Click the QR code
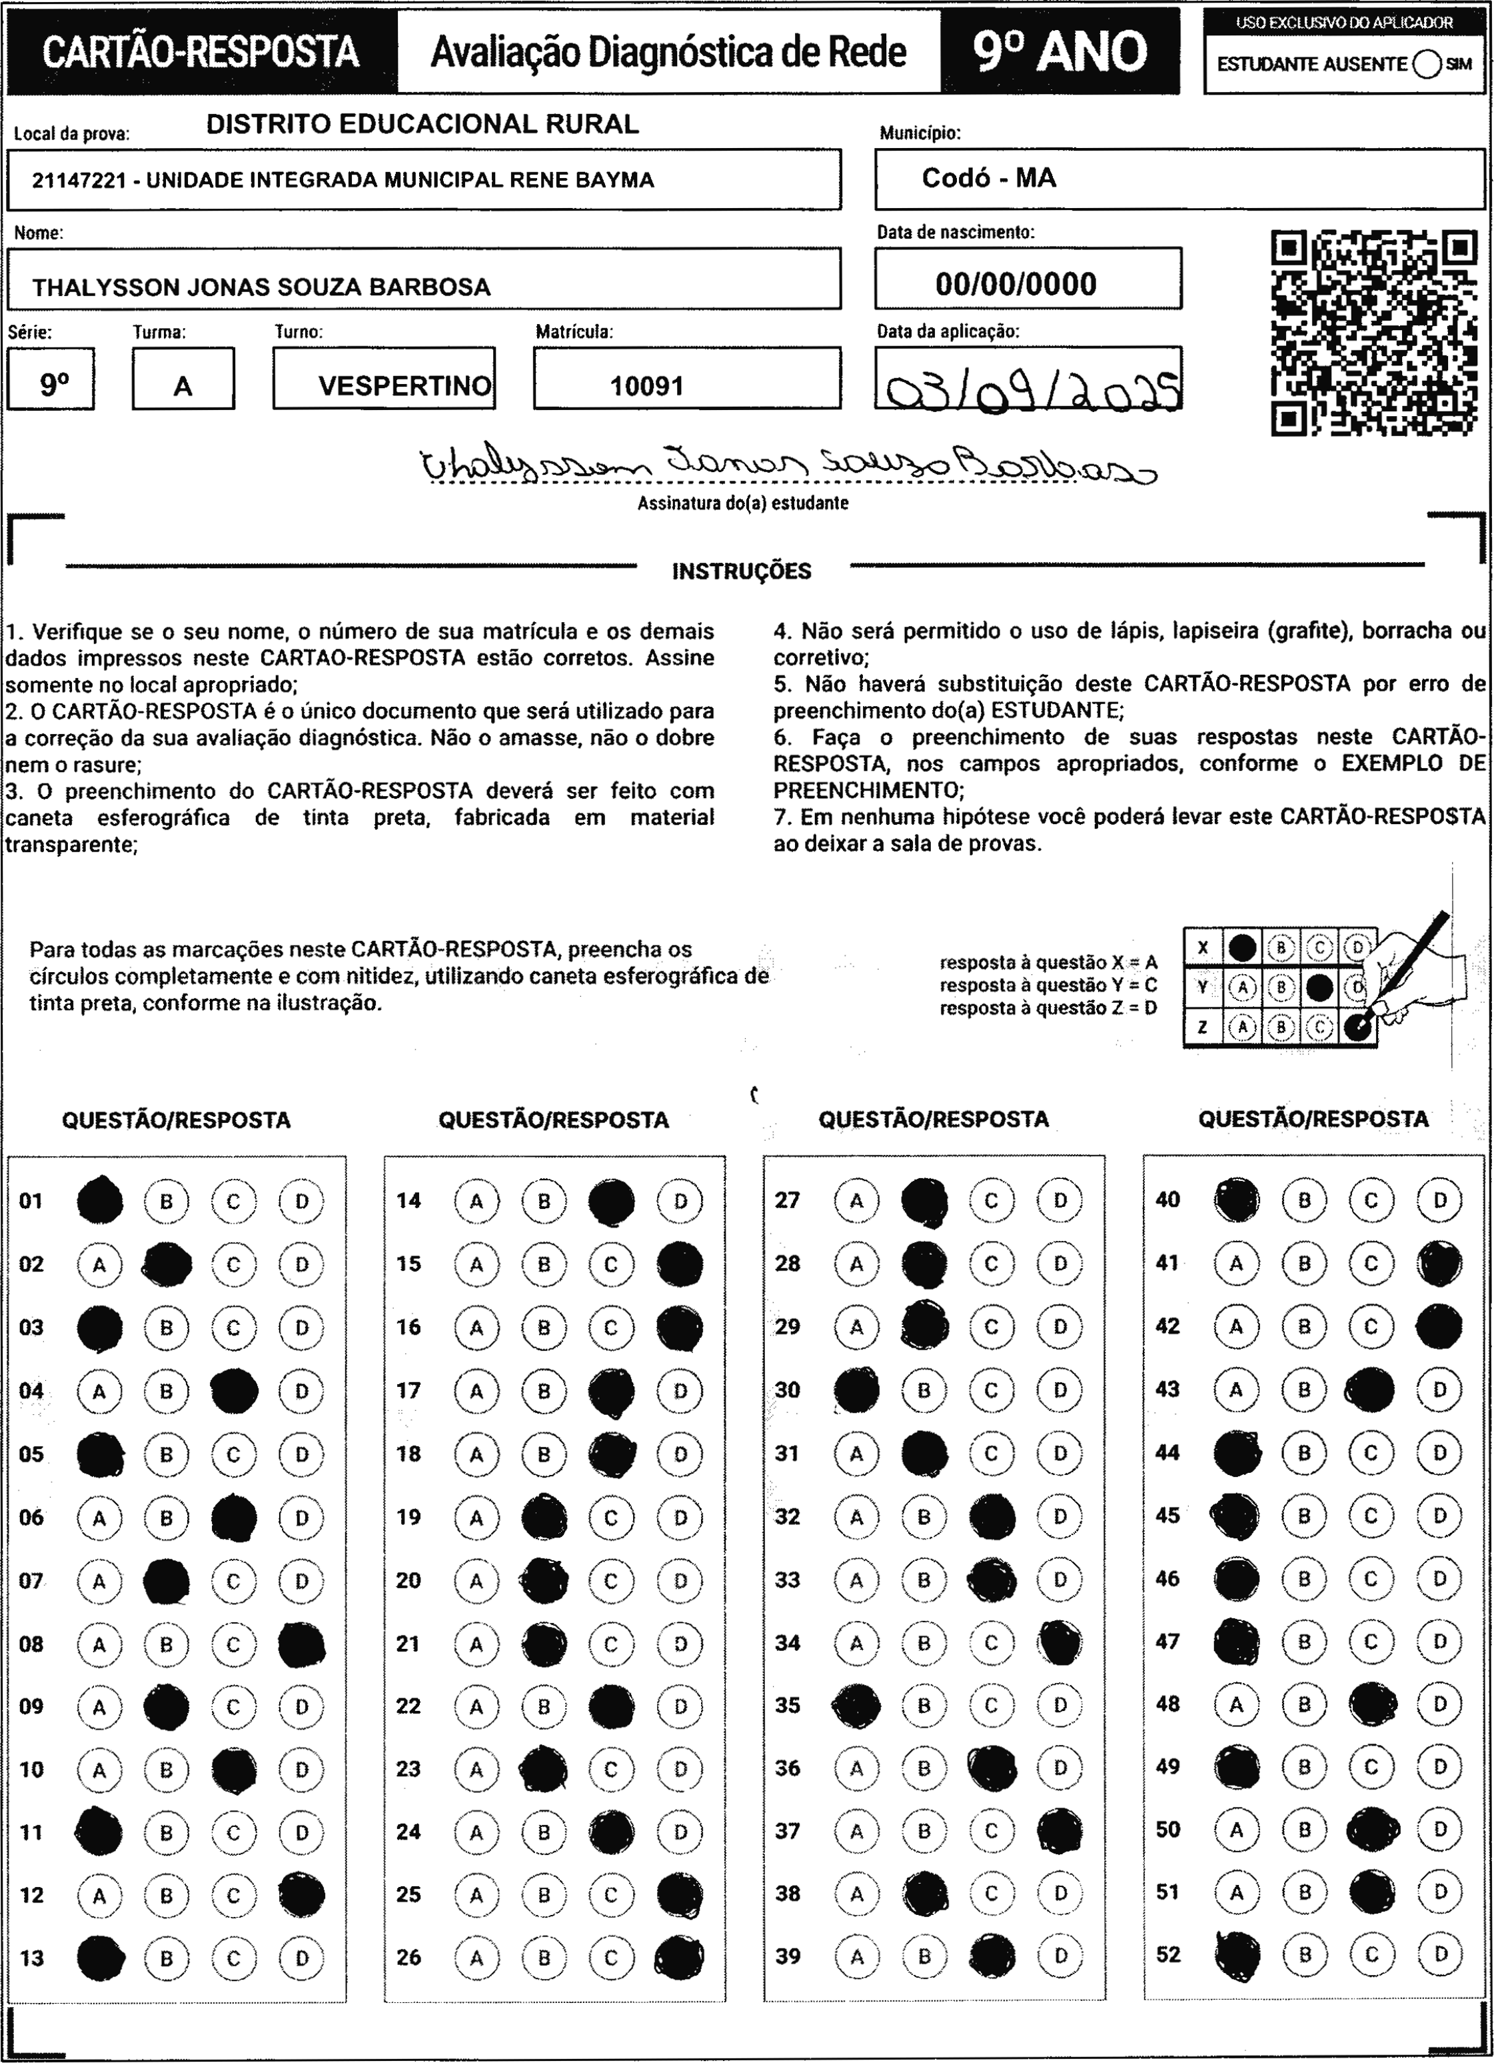pyautogui.click(x=1373, y=332)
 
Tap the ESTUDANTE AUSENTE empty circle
pyautogui.click(x=1427, y=65)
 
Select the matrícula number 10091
pyautogui.click(x=646, y=387)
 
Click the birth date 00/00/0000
pyautogui.click(x=1016, y=285)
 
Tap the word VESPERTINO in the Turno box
pyautogui.click(x=404, y=387)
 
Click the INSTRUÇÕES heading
pyautogui.click(x=741, y=571)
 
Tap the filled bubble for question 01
pyautogui.click(x=100, y=1201)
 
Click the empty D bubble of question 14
pyautogui.click(x=680, y=1201)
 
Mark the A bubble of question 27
pyautogui.click(x=856, y=1201)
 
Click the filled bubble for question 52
pyautogui.click(x=1237, y=1954)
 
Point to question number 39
pyautogui.click(x=788, y=1956)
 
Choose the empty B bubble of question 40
pyautogui.click(x=1304, y=1200)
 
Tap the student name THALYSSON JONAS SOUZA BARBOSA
pyautogui.click(x=261, y=287)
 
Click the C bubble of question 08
pyautogui.click(x=234, y=1644)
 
